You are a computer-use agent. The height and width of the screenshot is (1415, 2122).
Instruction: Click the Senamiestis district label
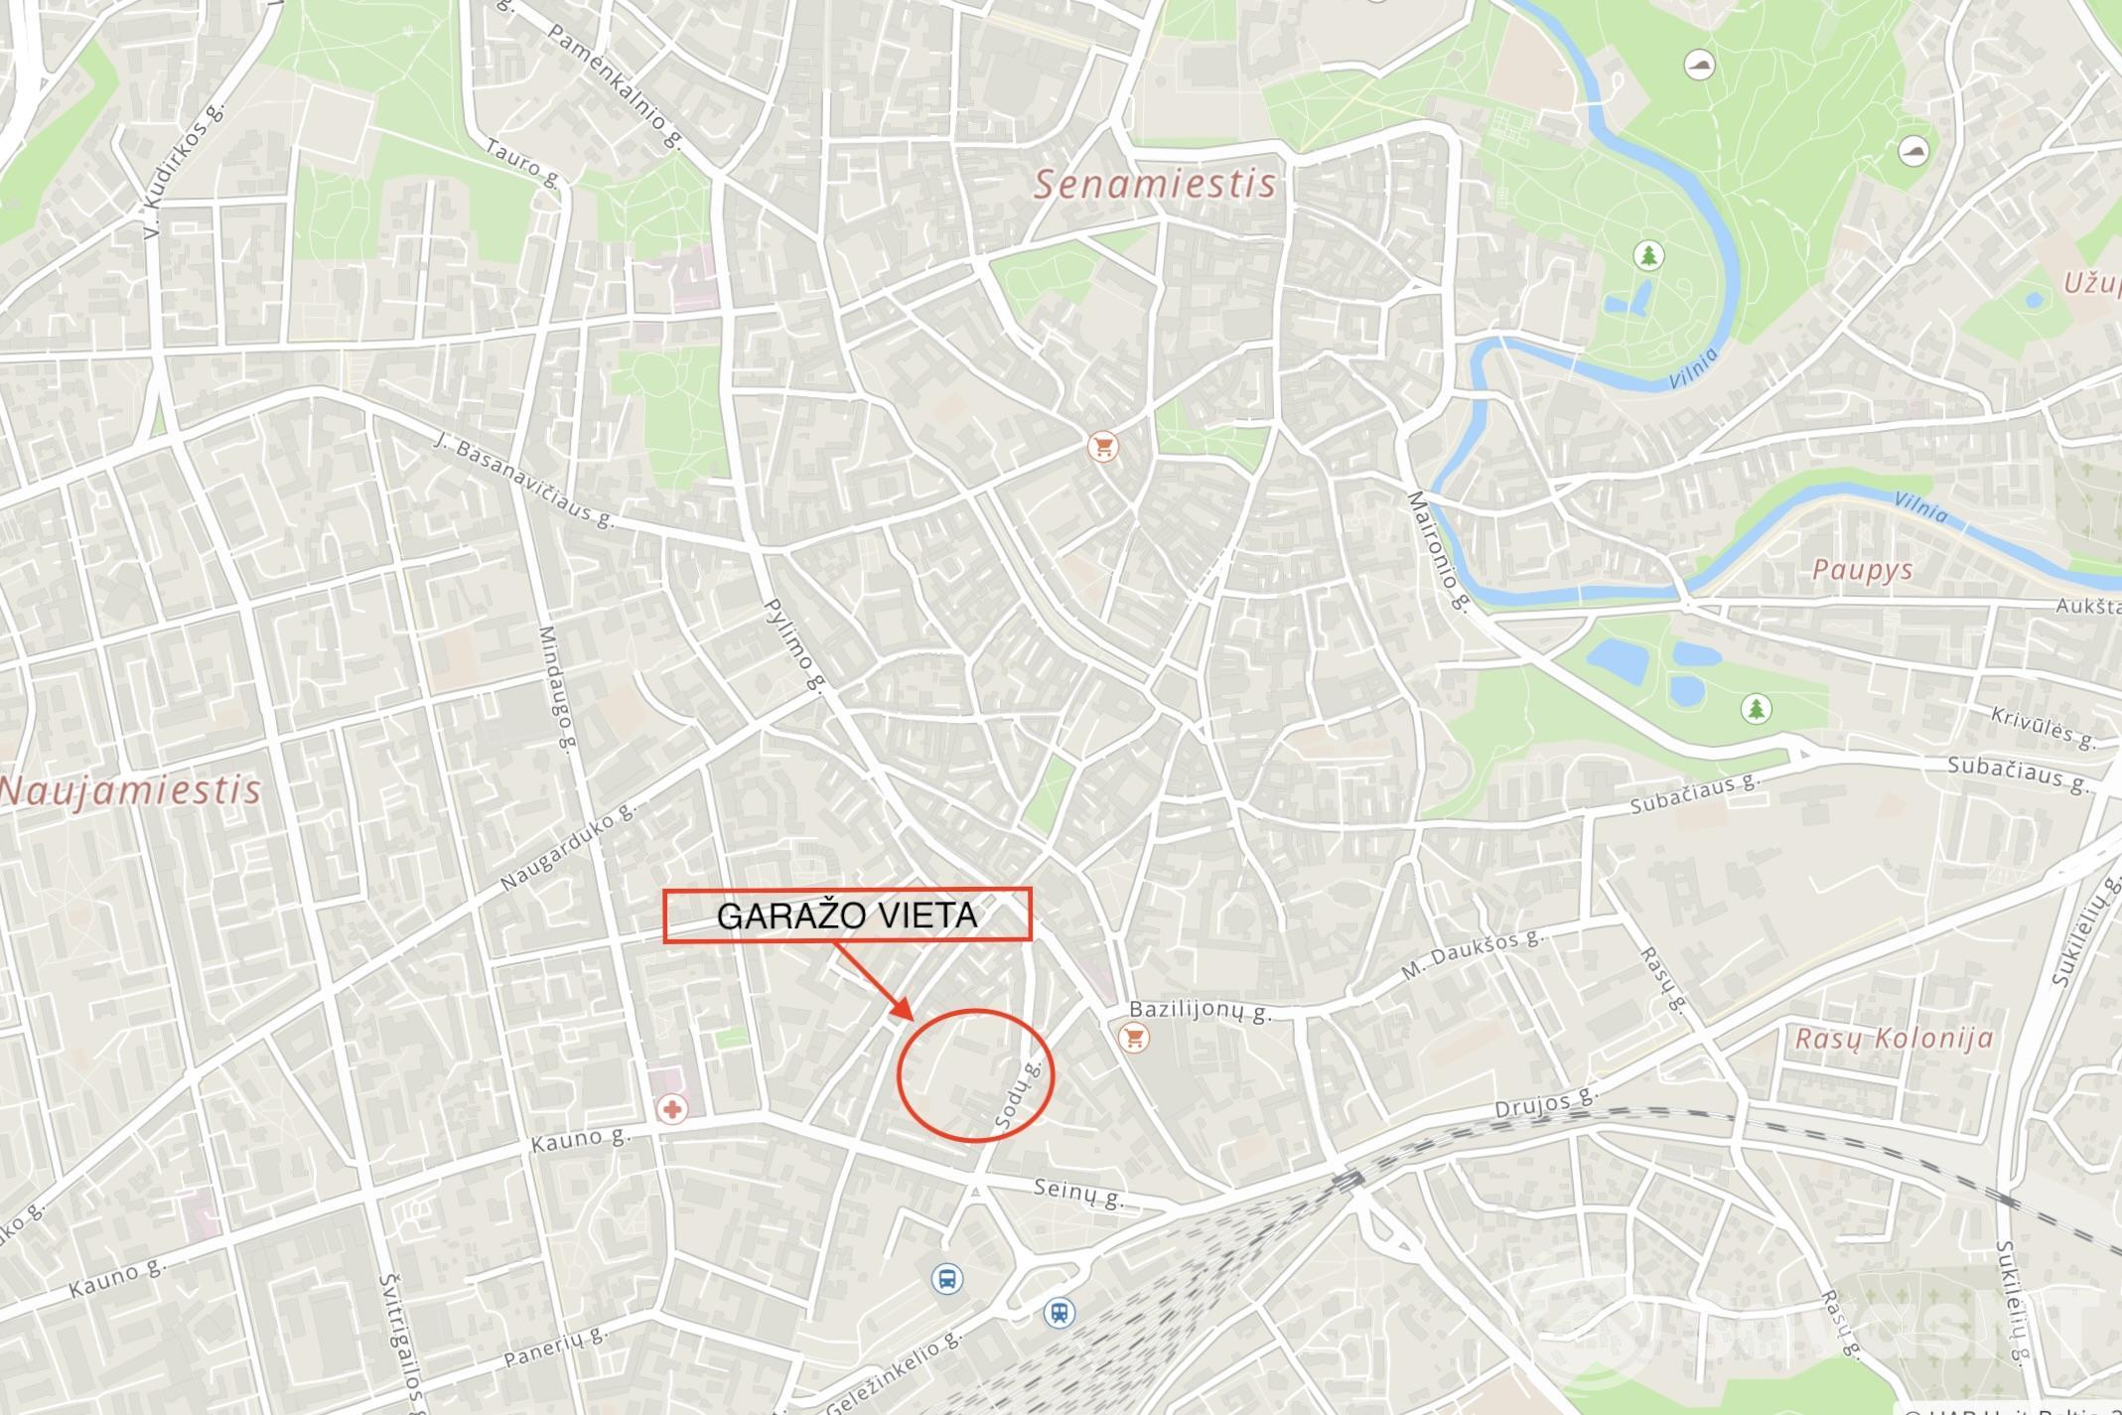click(1155, 185)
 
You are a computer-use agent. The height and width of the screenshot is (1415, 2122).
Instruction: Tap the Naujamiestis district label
click(131, 790)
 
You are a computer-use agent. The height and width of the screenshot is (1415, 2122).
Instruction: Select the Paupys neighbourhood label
click(1862, 570)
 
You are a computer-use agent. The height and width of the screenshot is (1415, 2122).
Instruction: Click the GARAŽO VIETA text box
click(847, 916)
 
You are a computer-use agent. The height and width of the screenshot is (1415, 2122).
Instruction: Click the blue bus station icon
click(947, 1278)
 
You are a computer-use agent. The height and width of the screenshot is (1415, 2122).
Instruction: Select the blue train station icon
click(1060, 1313)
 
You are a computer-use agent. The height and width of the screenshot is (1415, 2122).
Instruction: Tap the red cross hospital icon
click(673, 1108)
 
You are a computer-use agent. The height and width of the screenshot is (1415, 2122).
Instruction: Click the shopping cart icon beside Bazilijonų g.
click(1132, 1039)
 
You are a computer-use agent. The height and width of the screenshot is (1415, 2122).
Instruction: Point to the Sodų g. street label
click(1019, 1093)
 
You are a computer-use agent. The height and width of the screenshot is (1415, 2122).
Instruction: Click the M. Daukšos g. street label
click(1473, 954)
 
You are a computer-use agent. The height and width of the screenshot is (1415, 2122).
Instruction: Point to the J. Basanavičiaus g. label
click(525, 481)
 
